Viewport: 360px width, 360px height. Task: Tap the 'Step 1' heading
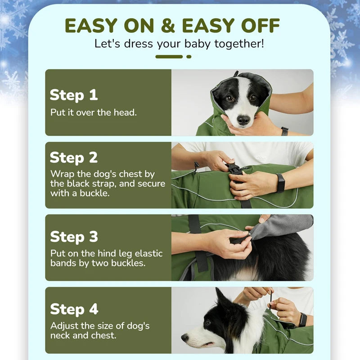(74, 95)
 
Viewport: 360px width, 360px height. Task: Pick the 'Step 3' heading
(74, 236)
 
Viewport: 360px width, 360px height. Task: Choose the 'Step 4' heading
(74, 309)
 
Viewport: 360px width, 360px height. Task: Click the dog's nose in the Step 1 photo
(243, 120)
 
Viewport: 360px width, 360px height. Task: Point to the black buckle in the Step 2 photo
(234, 169)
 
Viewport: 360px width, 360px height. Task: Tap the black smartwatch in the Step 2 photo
(280, 183)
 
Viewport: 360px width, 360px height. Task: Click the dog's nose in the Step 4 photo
(184, 337)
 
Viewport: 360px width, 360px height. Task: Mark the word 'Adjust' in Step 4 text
(64, 325)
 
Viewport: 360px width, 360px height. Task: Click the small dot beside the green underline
(189, 57)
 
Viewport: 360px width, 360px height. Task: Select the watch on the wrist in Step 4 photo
(303, 319)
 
